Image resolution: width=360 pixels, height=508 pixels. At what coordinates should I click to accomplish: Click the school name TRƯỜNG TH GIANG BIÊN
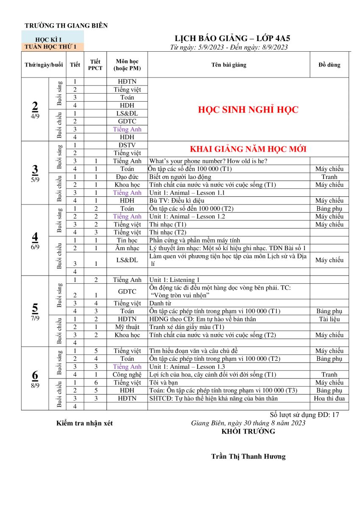pyautogui.click(x=66, y=25)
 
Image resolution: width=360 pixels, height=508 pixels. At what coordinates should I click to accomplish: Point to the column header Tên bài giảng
pyautogui.click(x=229, y=65)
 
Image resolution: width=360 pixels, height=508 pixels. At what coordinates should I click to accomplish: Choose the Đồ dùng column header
pyautogui.click(x=329, y=65)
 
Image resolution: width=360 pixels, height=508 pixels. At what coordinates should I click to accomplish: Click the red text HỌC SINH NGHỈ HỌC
pyautogui.click(x=248, y=110)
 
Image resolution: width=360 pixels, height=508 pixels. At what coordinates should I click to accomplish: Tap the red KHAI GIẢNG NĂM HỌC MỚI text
pyautogui.click(x=248, y=149)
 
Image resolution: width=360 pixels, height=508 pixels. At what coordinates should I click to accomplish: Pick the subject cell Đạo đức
pyautogui.click(x=127, y=177)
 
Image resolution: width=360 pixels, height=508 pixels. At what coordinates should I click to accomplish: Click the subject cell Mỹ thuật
pyautogui.click(x=127, y=327)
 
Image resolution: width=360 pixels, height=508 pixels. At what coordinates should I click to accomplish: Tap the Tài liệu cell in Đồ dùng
pyautogui.click(x=329, y=319)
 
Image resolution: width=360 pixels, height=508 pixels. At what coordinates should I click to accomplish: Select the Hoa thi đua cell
pyautogui.click(x=329, y=398)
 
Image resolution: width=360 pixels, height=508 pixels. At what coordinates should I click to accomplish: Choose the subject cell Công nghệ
pyautogui.click(x=127, y=375)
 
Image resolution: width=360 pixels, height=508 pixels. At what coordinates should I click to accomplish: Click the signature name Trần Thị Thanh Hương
pyautogui.click(x=248, y=456)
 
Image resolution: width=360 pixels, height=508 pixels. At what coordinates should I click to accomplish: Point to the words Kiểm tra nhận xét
pyautogui.click(x=84, y=423)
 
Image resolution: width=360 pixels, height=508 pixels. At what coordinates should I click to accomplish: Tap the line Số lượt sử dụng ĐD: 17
pyautogui.click(x=304, y=415)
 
